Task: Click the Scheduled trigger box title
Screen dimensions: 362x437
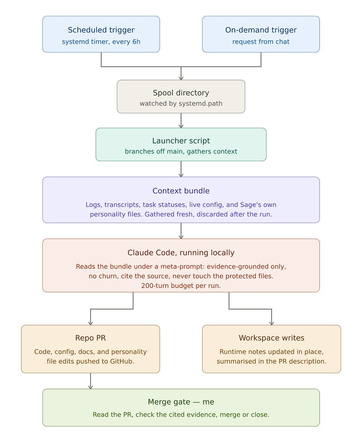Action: coord(101,30)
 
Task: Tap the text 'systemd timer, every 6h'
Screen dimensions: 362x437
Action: coord(101,42)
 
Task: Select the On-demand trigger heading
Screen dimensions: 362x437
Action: coord(261,30)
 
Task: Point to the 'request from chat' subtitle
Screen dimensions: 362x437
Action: coord(261,42)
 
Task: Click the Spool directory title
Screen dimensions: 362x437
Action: coord(181,93)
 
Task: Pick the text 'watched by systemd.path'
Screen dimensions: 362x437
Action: coord(181,103)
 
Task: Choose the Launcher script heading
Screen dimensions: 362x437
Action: coord(181,141)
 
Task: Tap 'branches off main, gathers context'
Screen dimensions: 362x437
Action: coord(181,151)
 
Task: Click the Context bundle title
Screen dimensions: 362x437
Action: coord(181,191)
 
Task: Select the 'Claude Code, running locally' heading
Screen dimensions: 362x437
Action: coord(181,253)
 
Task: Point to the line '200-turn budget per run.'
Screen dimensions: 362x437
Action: coord(181,286)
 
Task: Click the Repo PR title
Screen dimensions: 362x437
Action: coord(90,338)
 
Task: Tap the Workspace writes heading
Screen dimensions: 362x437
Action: coord(271,338)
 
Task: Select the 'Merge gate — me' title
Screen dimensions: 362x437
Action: coord(181,402)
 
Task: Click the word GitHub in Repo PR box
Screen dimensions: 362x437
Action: coord(121,361)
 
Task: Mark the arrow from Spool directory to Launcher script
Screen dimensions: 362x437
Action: coord(181,120)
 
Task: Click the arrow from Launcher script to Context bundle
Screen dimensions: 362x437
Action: coord(181,169)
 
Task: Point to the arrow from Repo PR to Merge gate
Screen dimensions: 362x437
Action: coord(90,381)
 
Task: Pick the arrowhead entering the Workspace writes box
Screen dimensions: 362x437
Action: coord(271,323)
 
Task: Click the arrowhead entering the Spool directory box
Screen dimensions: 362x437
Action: coord(181,78)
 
